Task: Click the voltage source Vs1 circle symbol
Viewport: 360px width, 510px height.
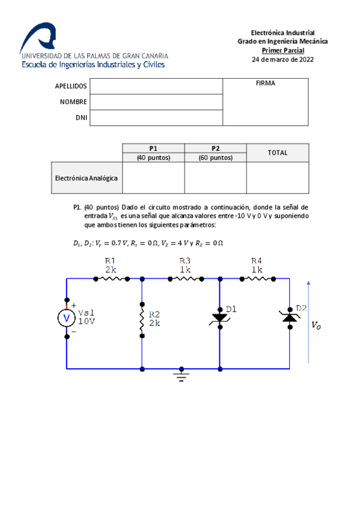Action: pyautogui.click(x=67, y=318)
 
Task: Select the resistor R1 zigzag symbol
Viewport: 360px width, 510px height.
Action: pyautogui.click(x=111, y=278)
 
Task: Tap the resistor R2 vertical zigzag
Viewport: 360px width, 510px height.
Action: pyautogui.click(x=142, y=319)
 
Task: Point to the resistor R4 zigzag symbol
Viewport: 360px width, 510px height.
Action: pyautogui.click(x=257, y=278)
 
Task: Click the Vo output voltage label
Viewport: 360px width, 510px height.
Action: pyautogui.click(x=316, y=325)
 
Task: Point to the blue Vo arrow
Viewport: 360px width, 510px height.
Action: pyautogui.click(x=308, y=322)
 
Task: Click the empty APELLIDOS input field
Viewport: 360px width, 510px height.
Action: pyautogui.click(x=156, y=86)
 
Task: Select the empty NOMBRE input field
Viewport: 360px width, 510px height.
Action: pyautogui.click(x=156, y=102)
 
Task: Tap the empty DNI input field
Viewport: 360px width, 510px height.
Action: pyautogui.click(x=156, y=118)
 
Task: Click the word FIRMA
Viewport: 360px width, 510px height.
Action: pyautogui.click(x=265, y=84)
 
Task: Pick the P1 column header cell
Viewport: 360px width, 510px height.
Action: pyautogui.click(x=153, y=148)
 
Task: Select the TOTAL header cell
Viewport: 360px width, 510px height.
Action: pyautogui.click(x=277, y=153)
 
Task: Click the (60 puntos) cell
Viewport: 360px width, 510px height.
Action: pyautogui.click(x=215, y=158)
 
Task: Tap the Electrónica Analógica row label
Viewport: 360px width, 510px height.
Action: pyautogui.click(x=86, y=178)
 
